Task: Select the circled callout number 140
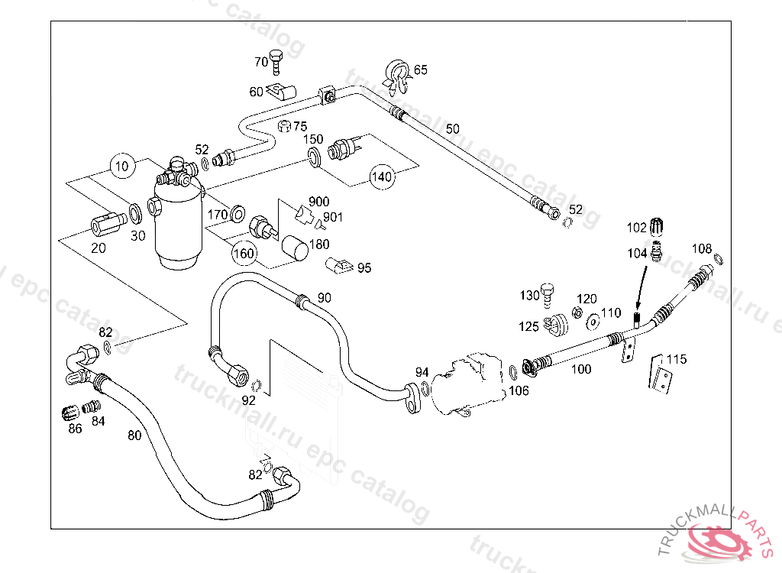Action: pyautogui.click(x=382, y=176)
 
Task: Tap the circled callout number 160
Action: pyautogui.click(x=244, y=252)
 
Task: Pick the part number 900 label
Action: pyautogui.click(x=319, y=202)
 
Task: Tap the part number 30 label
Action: pyautogui.click(x=137, y=236)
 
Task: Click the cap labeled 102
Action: pyautogui.click(x=660, y=226)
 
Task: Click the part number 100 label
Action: pyautogui.click(x=581, y=370)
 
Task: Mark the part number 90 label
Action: pyautogui.click(x=325, y=298)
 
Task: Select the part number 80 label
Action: pyautogui.click(x=134, y=436)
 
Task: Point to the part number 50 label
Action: pyautogui.click(x=453, y=128)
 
